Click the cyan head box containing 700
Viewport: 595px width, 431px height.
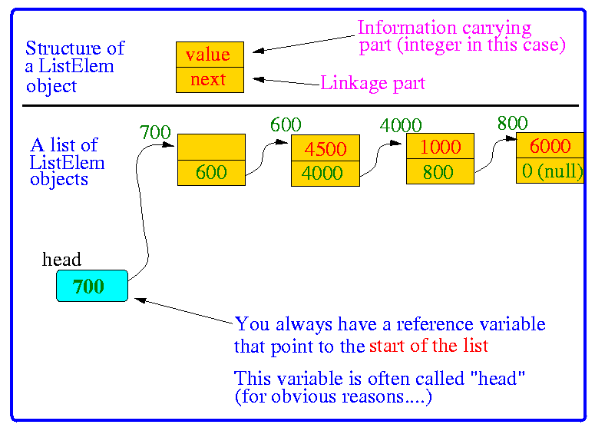click(x=92, y=286)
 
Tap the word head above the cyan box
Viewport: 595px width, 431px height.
click(x=61, y=260)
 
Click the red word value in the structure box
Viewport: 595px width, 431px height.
click(x=208, y=55)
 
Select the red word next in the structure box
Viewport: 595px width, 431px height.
click(x=208, y=80)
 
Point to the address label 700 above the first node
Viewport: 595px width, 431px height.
click(x=155, y=133)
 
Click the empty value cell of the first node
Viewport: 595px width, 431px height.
click(x=211, y=147)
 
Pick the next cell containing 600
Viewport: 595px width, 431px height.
click(x=211, y=173)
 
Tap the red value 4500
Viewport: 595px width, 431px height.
click(x=326, y=149)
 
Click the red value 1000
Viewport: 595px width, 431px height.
click(x=440, y=147)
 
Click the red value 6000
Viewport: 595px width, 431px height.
click(x=550, y=146)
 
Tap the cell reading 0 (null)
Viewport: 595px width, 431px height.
click(x=550, y=171)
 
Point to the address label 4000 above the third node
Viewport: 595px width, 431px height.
click(x=401, y=125)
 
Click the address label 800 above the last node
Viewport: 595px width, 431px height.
click(x=512, y=124)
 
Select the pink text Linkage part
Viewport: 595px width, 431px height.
click(x=372, y=83)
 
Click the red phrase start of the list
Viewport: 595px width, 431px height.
click(x=429, y=346)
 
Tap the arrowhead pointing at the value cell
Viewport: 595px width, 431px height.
click(x=258, y=51)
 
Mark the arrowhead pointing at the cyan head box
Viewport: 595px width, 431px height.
click(x=140, y=300)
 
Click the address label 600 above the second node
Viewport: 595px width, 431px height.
click(x=286, y=124)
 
